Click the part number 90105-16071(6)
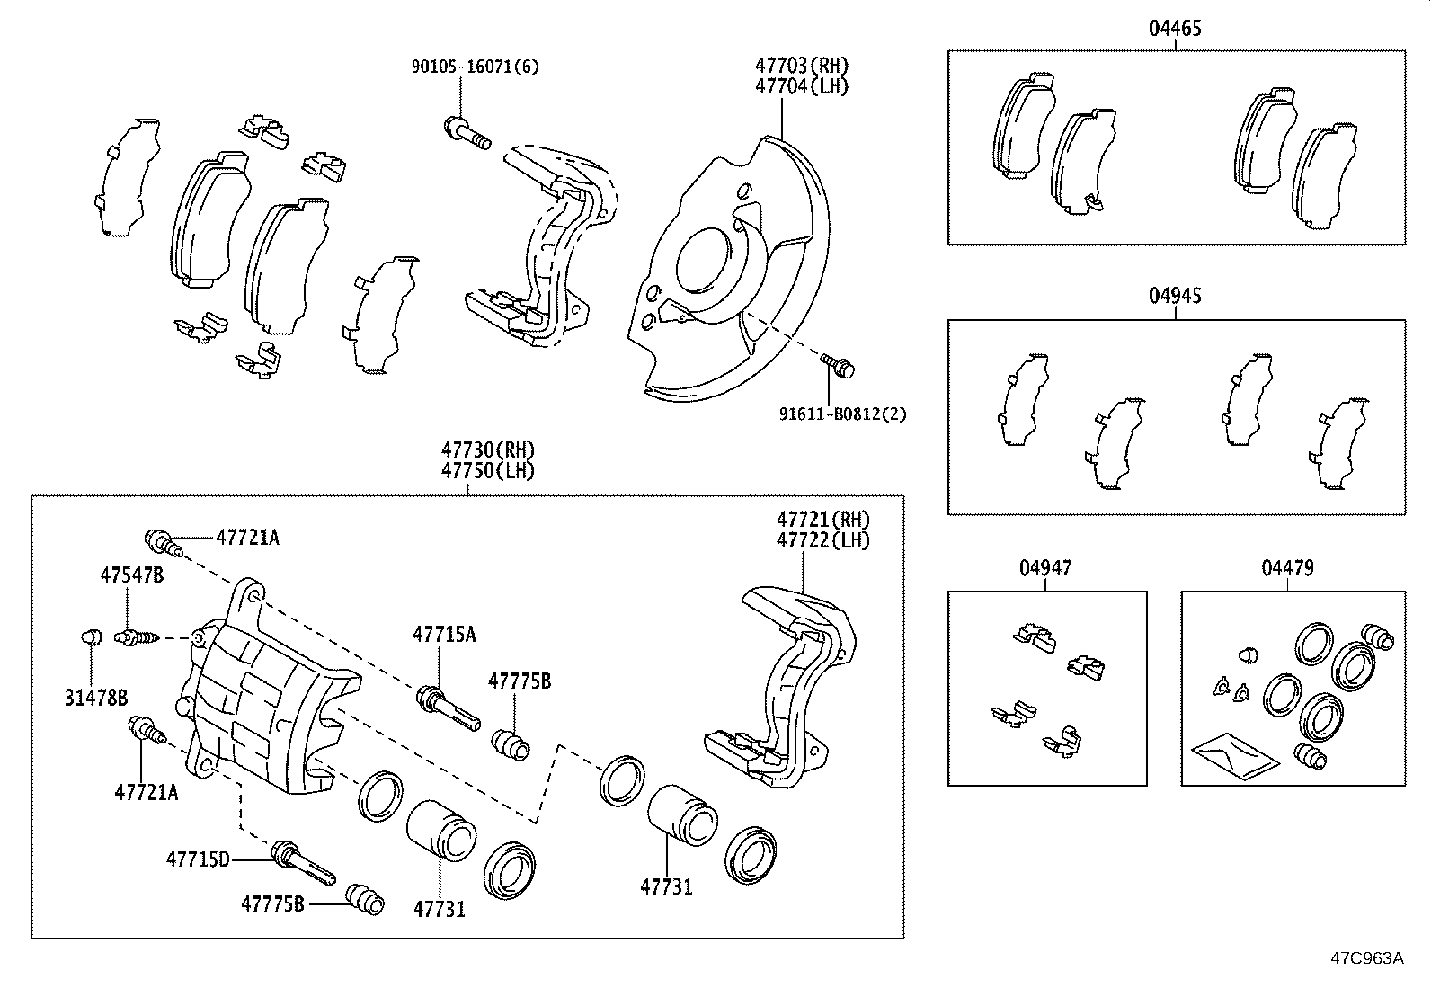tap(476, 67)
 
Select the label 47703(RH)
tap(801, 66)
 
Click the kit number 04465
tap(1175, 28)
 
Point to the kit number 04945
tap(1175, 296)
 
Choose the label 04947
tap(1045, 568)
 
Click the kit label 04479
tap(1287, 568)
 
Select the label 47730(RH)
tap(488, 449)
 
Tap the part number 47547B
tap(131, 575)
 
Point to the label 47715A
tap(444, 635)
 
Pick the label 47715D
tap(198, 859)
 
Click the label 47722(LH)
tap(823, 540)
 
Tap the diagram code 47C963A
tap(1366, 957)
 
